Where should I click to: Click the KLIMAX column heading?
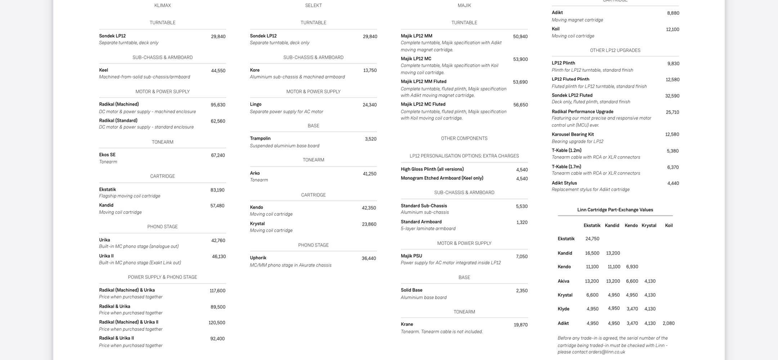coord(162,5)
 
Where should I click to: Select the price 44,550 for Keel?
coord(218,71)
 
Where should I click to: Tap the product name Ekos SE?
coord(107,155)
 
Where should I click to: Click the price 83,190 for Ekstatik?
coord(217,190)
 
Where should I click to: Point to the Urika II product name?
coord(106,256)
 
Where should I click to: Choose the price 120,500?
coord(217,323)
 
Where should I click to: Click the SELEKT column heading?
coord(313,5)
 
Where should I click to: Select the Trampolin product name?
coord(260,138)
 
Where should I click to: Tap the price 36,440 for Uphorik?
coord(369,258)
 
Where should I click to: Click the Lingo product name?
coord(256,104)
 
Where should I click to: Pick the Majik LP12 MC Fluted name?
coord(423,104)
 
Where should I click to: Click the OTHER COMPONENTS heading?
coord(464,138)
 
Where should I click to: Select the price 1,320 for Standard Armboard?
coord(522,222)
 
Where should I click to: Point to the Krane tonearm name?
coord(407,324)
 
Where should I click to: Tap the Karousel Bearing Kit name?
coord(573,134)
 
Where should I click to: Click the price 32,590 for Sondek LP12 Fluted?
coord(672,96)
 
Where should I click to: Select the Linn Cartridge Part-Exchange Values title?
coord(615,210)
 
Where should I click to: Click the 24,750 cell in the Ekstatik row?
coord(592,239)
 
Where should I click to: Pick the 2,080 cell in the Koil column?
coord(669,323)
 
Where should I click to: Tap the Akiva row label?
coord(563,281)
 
